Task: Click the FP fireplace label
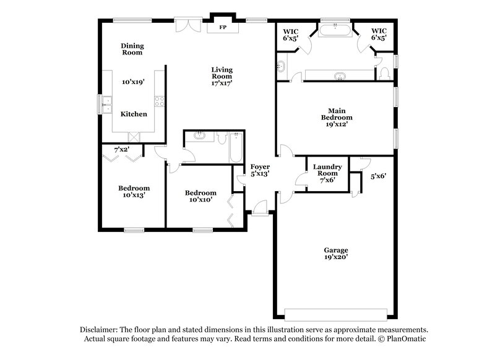click(x=221, y=28)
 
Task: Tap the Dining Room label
click(x=131, y=49)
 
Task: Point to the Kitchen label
click(x=134, y=114)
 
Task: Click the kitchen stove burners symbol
click(x=160, y=103)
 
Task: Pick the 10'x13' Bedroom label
click(x=134, y=192)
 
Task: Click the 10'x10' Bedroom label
click(x=200, y=195)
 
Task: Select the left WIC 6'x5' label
click(x=291, y=34)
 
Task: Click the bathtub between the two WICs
click(x=337, y=29)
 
